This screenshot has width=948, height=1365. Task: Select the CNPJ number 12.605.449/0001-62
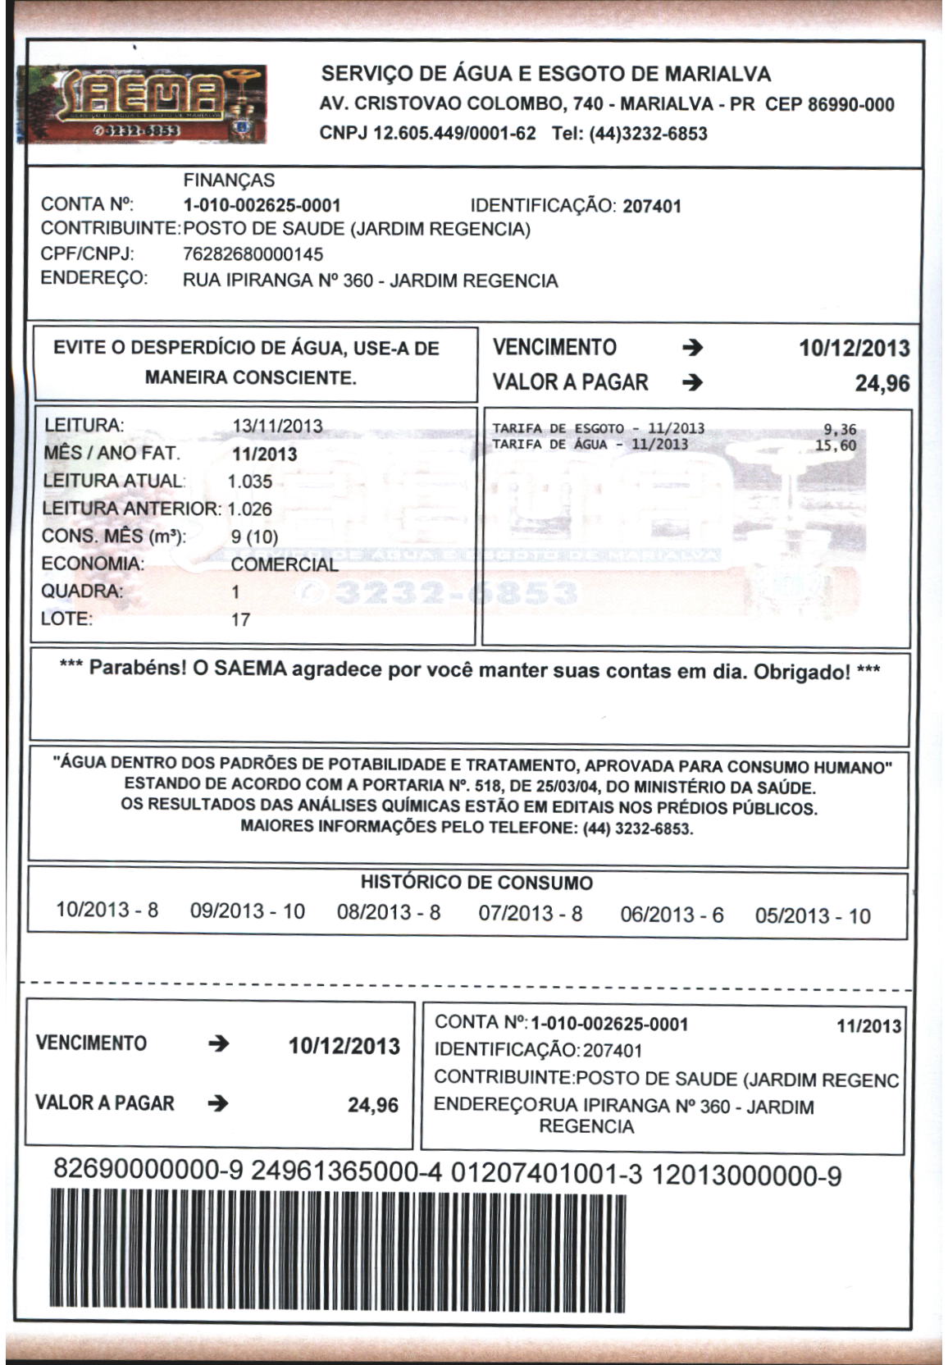click(x=453, y=134)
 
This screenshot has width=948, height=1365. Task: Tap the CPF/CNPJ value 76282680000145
click(x=253, y=254)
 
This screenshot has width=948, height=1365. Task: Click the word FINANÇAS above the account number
click(x=229, y=180)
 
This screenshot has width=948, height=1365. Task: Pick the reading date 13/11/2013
click(x=277, y=427)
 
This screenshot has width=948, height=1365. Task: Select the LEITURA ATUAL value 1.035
click(x=250, y=482)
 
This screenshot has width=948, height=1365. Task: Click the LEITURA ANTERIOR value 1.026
click(x=249, y=509)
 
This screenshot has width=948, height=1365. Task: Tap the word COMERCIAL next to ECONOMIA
click(x=284, y=564)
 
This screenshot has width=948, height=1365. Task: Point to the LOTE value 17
click(x=240, y=619)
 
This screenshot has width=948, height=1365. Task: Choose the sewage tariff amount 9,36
click(x=840, y=429)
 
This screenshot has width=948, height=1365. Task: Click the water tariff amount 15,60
click(x=836, y=445)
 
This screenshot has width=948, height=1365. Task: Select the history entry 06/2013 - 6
click(x=672, y=915)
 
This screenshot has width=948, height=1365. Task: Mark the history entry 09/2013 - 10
click(x=247, y=911)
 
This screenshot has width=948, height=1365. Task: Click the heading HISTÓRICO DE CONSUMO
click(x=476, y=883)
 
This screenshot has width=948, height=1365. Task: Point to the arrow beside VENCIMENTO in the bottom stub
click(x=218, y=1044)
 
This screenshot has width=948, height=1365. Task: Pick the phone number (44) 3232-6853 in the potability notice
click(x=637, y=829)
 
